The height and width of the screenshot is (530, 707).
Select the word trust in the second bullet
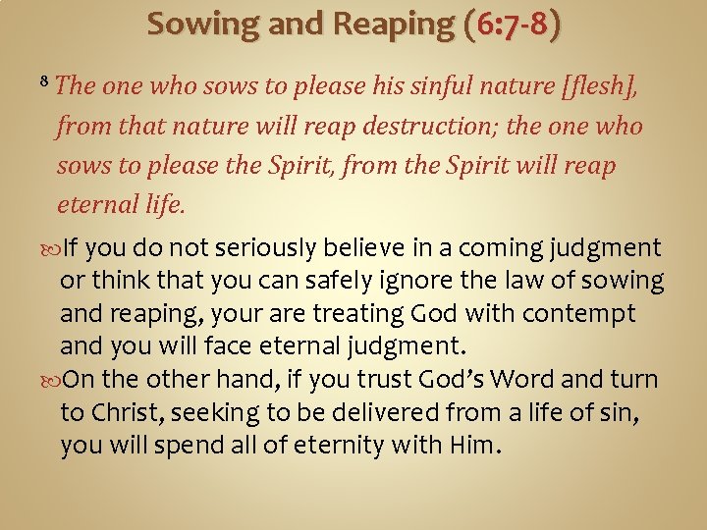pos(419,380)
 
